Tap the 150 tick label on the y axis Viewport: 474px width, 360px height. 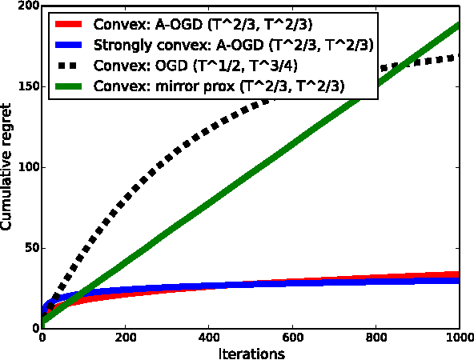pyautogui.click(x=25, y=87)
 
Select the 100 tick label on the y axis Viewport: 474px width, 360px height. pyautogui.click(x=25, y=168)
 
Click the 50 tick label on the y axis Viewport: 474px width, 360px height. pyautogui.click(x=28, y=248)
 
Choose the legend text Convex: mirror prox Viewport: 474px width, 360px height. pyautogui.click(x=221, y=86)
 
